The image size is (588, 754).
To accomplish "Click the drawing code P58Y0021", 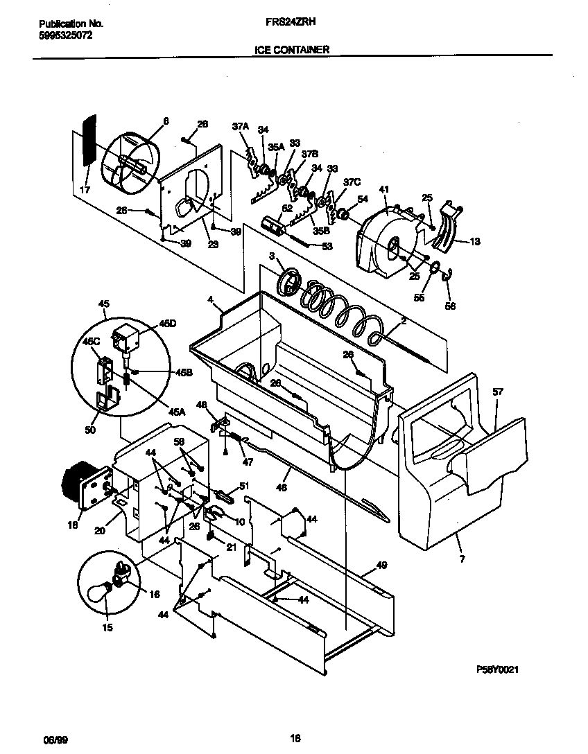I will (x=498, y=669).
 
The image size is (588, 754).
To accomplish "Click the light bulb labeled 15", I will (x=101, y=591).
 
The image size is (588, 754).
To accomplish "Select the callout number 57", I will (x=498, y=392).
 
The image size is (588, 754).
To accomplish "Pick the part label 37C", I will (x=352, y=182).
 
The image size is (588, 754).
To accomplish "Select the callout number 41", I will (x=384, y=188).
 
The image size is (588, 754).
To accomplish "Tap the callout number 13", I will (x=474, y=242).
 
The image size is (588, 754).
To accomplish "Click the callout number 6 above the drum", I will (x=166, y=121).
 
